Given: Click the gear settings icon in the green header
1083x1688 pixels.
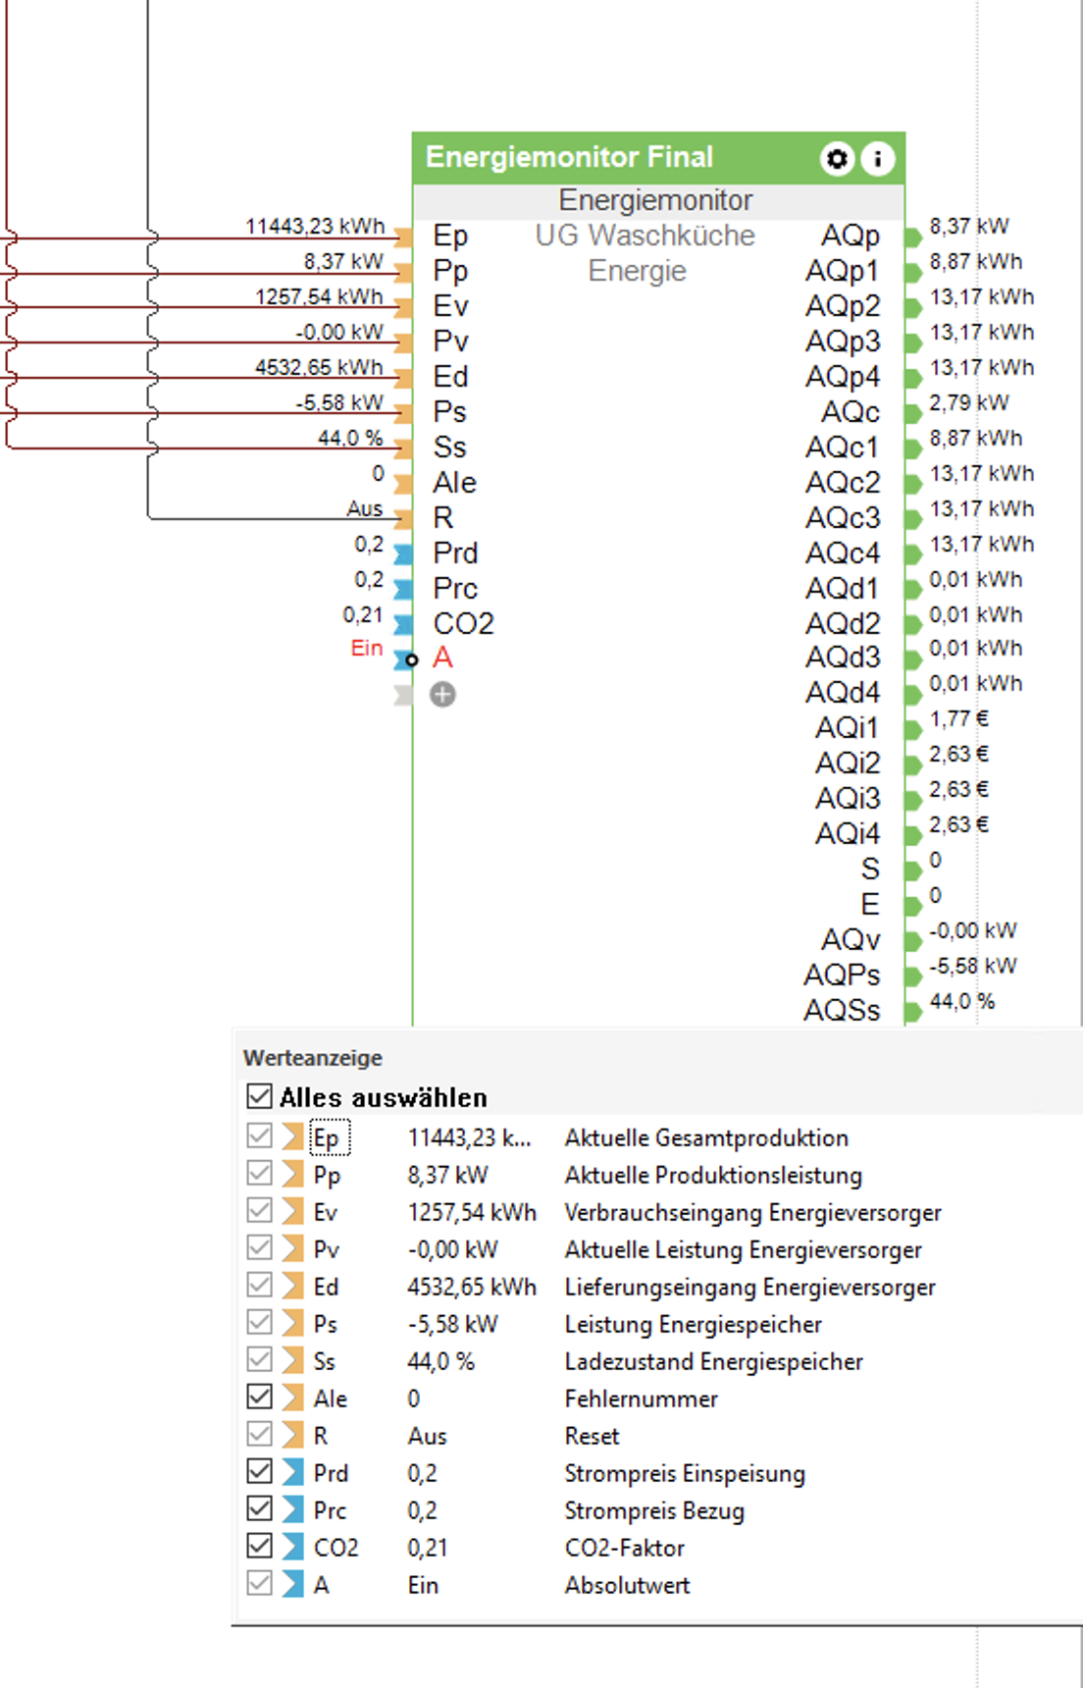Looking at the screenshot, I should [837, 158].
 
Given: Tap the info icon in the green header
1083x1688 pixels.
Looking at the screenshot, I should [878, 158].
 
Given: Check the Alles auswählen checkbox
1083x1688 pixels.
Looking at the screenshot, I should [259, 1096].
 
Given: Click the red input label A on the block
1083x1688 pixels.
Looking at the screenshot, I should [442, 658].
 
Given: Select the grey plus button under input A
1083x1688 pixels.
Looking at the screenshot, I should [443, 695].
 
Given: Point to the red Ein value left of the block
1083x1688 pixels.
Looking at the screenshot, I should [366, 649].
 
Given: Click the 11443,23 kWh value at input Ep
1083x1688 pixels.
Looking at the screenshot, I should [315, 227].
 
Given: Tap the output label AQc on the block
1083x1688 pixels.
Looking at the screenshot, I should [851, 412].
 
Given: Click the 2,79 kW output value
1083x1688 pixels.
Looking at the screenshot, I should [969, 403].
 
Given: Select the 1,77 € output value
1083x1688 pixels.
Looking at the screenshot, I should [958, 719].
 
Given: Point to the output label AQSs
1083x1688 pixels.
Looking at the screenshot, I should [842, 1010].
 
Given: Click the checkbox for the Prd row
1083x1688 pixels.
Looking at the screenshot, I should [259, 1472].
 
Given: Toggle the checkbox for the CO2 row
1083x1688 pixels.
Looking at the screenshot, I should [259, 1547].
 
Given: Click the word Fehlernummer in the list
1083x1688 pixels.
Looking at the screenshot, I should [641, 1398].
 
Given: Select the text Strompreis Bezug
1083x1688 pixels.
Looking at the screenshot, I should [654, 1510].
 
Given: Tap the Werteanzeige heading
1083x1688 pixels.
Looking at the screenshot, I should [313, 1058].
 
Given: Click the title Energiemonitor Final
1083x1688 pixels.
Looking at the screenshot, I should [569, 157].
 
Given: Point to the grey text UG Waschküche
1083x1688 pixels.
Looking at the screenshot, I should [645, 236].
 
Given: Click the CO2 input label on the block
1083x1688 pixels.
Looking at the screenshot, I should [463, 623].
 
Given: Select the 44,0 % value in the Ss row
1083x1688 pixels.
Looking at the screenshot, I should [440, 1361].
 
